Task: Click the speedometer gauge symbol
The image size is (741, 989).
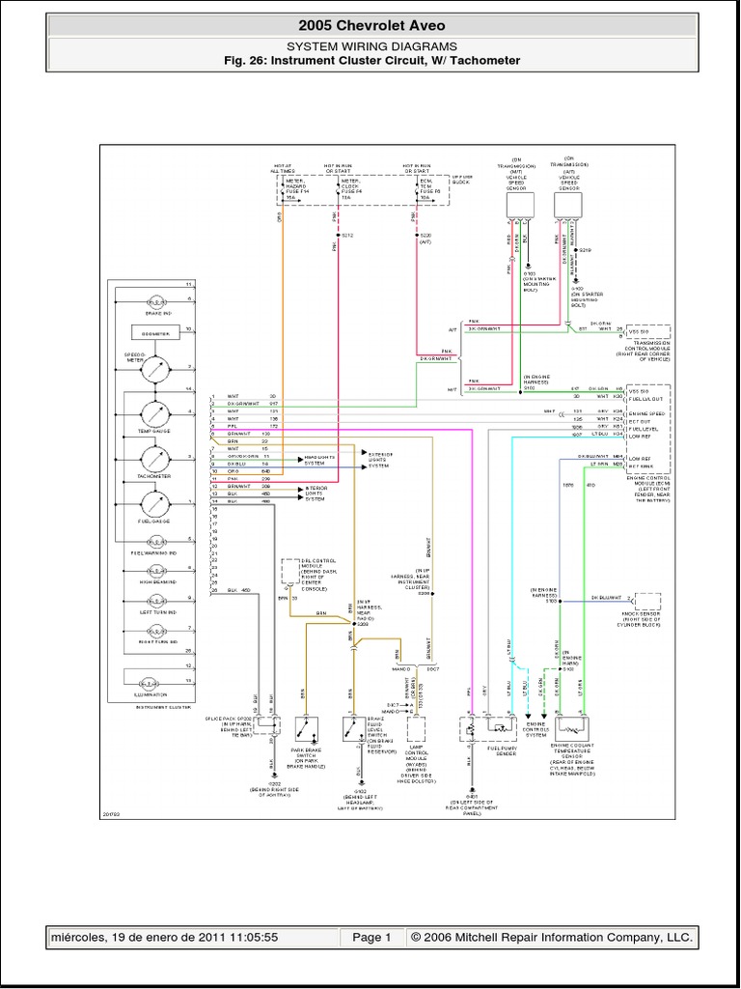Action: click(x=154, y=368)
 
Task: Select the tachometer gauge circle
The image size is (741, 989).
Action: click(x=154, y=459)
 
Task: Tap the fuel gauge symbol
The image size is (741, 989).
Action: click(x=154, y=504)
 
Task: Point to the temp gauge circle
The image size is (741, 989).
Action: click(x=154, y=413)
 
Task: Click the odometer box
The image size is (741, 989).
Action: click(x=154, y=332)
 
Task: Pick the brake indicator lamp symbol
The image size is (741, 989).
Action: click(x=154, y=300)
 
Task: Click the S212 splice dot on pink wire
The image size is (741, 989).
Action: click(x=338, y=235)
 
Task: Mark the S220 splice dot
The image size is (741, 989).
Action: click(x=416, y=235)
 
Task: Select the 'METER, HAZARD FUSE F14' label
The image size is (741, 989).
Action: click(x=296, y=188)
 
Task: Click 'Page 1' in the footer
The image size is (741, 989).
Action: click(x=371, y=937)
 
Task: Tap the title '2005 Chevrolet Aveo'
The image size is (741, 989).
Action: click(x=371, y=25)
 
